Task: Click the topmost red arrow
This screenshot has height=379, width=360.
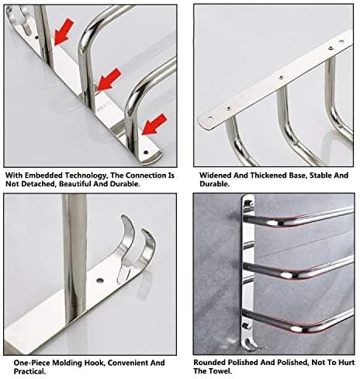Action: click(x=64, y=32)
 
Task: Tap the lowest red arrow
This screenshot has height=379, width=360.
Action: click(x=154, y=124)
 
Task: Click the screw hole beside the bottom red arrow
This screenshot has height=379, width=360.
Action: click(x=147, y=152)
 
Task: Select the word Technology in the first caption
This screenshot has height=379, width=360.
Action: click(x=86, y=176)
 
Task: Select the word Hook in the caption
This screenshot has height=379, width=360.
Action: click(x=95, y=363)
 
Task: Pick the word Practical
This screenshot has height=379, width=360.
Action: click(x=29, y=371)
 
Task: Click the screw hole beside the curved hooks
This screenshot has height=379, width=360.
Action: click(x=100, y=280)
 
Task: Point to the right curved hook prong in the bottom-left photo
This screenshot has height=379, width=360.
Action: click(x=146, y=248)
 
